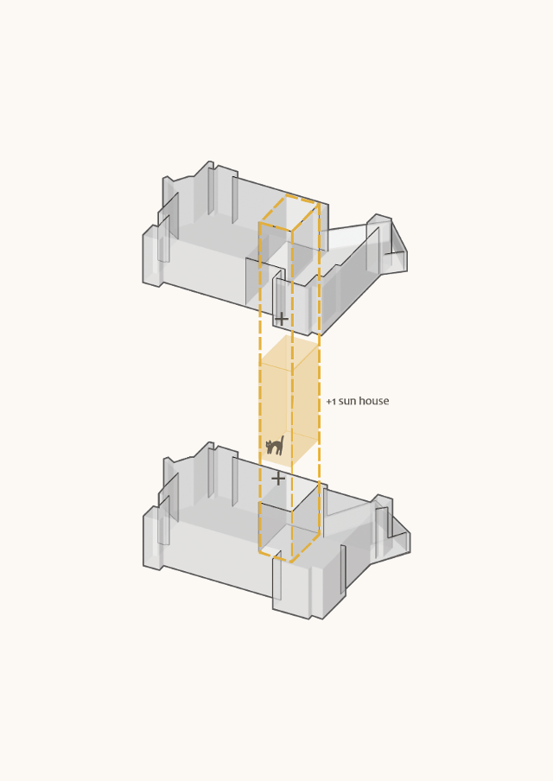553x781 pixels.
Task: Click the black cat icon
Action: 275,446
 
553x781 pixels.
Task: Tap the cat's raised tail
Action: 282,441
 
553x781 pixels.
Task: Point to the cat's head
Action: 270,444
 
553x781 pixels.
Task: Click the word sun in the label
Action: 347,402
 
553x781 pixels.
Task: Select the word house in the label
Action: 373,401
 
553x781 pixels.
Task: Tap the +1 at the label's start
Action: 331,402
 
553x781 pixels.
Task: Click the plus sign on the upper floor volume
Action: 282,319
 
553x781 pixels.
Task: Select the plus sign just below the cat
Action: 278,479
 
